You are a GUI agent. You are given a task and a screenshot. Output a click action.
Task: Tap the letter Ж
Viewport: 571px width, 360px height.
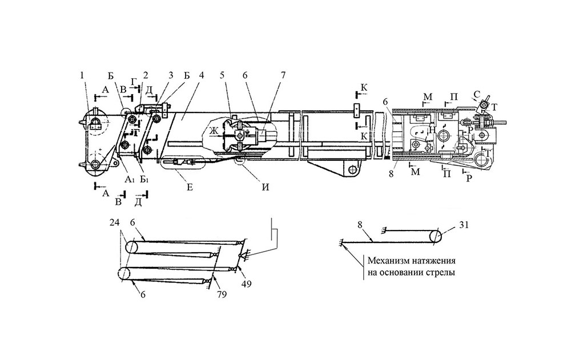pyautogui.click(x=213, y=131)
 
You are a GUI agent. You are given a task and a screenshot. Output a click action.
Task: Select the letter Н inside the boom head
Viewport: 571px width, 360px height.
pyautogui.click(x=433, y=131)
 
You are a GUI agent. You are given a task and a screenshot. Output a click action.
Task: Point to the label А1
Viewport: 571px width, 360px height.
pyautogui.click(x=129, y=179)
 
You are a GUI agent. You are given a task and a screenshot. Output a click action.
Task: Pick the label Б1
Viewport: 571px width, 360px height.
pyautogui.click(x=145, y=180)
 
